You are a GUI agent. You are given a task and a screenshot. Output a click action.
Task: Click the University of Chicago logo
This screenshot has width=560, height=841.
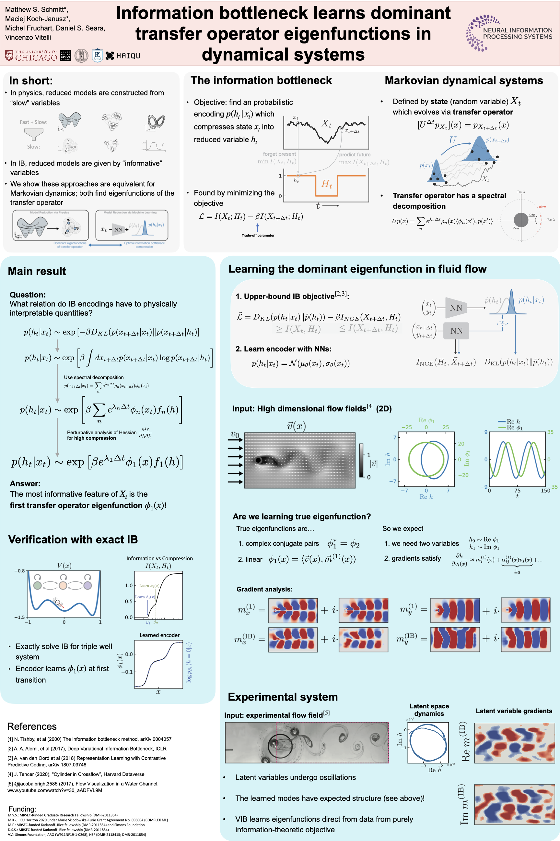tap(31, 56)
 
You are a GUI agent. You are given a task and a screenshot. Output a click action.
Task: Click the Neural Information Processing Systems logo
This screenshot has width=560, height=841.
tap(509, 33)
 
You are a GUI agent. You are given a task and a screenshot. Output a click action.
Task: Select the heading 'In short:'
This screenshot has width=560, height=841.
tap(31, 80)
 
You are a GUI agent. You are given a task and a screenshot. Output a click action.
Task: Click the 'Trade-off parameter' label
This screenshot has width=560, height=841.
tap(258, 235)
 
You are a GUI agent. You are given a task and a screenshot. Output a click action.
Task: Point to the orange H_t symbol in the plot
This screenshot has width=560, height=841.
tap(326, 184)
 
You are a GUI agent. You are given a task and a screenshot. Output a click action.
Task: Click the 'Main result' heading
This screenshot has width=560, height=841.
tap(37, 271)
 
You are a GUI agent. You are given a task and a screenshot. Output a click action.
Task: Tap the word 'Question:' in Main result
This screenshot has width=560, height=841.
tap(28, 295)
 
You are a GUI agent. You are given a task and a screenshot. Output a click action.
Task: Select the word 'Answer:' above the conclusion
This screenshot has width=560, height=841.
tap(25, 483)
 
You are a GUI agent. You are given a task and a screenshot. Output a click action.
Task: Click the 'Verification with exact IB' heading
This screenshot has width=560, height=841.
tap(73, 539)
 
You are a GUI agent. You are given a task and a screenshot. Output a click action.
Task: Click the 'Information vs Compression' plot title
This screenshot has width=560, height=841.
tap(159, 558)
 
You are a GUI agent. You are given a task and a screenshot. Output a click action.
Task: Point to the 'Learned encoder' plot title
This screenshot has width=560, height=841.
tap(159, 635)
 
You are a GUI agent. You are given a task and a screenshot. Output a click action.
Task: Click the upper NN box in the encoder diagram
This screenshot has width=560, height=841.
tap(456, 308)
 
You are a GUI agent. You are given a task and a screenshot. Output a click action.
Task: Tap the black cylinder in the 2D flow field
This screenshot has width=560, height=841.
tap(258, 460)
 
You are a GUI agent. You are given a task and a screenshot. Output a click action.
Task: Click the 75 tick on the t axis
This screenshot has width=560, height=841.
tap(517, 491)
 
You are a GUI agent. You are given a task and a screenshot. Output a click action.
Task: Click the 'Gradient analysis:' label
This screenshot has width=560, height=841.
tap(264, 589)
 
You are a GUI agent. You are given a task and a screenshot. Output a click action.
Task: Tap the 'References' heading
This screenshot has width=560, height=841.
tap(32, 726)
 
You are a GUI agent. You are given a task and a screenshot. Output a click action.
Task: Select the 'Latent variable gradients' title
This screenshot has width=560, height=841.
tap(514, 711)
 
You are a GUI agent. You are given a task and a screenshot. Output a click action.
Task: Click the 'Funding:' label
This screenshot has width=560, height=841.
tap(22, 809)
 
